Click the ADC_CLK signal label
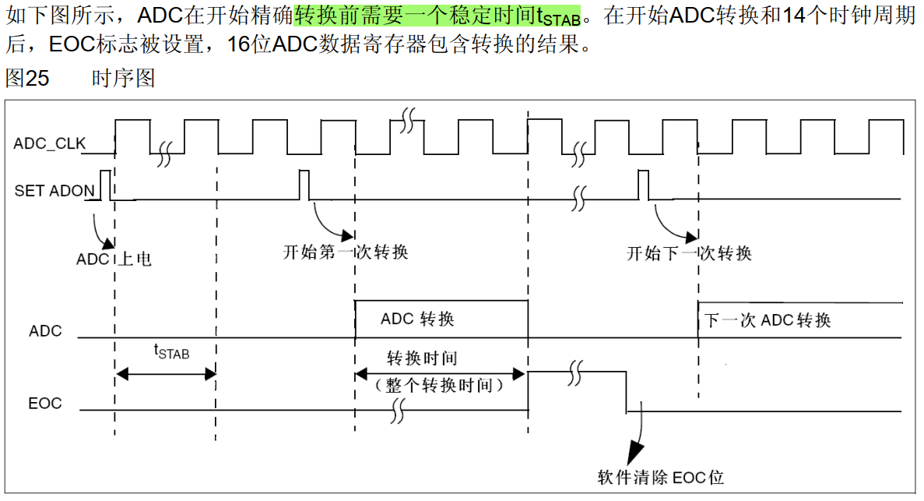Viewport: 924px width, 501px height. [x=50, y=143]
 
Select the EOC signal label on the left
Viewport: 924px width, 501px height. [x=45, y=404]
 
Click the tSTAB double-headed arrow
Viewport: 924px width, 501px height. [x=165, y=375]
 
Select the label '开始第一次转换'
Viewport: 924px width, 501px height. [x=346, y=252]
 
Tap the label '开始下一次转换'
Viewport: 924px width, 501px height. [x=690, y=252]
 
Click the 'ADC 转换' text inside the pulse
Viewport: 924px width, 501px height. [x=417, y=319]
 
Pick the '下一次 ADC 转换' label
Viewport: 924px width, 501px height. [x=768, y=320]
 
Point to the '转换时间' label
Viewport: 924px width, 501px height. [x=422, y=358]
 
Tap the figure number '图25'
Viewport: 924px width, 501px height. [x=27, y=78]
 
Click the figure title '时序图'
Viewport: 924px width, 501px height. [x=123, y=78]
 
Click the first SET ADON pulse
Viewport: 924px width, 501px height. [x=104, y=184]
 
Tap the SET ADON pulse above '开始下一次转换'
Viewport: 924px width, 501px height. [x=643, y=184]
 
